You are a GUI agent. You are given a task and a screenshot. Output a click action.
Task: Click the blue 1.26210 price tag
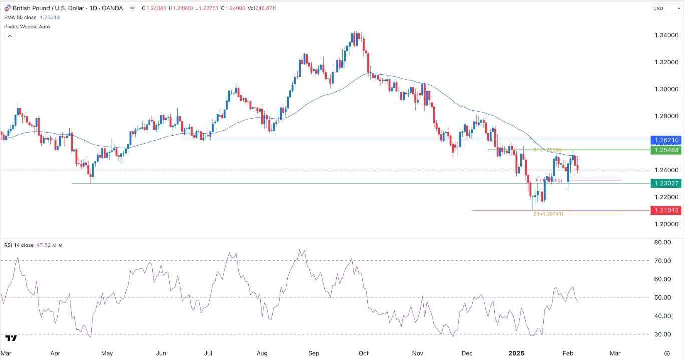pos(664,140)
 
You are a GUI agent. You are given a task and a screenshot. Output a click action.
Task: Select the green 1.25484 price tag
pos(664,150)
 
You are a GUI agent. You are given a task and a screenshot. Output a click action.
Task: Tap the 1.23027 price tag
pos(664,183)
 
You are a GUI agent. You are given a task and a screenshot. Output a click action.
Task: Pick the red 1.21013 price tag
pos(664,210)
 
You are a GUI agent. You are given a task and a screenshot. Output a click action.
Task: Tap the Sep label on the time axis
pos(313,353)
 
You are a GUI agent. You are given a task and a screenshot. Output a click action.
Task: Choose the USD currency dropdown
pos(664,8)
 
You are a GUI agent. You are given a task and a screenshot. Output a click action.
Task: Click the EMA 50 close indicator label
pos(20,18)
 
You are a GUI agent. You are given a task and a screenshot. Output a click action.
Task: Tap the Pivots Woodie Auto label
pos(27,26)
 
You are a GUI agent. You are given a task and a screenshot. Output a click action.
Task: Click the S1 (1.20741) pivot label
pos(548,214)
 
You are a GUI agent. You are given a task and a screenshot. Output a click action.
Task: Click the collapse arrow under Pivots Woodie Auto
pos(10,36)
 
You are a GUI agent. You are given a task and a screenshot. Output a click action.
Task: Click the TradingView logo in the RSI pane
pos(11,338)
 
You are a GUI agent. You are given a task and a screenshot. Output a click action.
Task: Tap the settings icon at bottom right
pos(666,353)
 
